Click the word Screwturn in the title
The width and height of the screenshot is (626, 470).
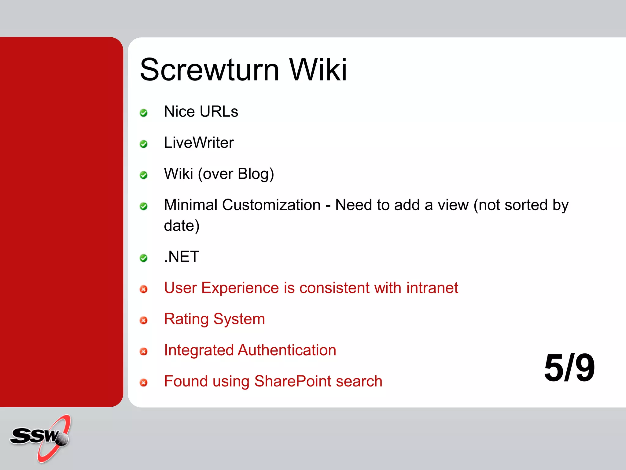(x=209, y=70)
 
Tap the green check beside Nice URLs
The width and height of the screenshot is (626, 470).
(x=143, y=113)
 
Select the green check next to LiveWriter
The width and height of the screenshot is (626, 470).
(x=143, y=144)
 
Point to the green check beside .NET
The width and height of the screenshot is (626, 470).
(x=143, y=258)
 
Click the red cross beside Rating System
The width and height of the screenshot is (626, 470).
(x=143, y=320)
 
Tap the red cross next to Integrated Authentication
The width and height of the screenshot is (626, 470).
(x=143, y=352)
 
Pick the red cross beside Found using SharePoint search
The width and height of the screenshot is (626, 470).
(x=143, y=382)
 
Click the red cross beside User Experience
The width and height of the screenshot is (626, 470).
(x=143, y=289)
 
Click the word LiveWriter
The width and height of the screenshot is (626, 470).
(x=199, y=143)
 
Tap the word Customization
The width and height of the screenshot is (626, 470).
(x=271, y=205)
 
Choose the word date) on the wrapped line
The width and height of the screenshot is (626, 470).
(x=182, y=226)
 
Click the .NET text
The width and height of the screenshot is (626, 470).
(x=182, y=257)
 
